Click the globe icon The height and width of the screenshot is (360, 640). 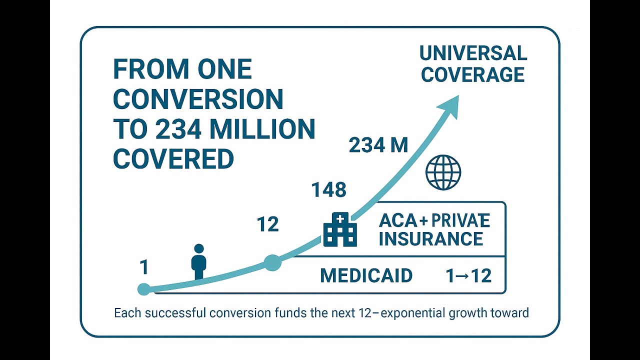[443, 172]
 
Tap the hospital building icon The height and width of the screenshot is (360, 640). [340, 229]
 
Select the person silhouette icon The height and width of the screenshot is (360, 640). [199, 261]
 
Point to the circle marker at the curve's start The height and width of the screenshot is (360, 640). [143, 289]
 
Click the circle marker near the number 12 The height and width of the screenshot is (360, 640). [272, 262]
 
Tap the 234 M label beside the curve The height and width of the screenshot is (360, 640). [378, 145]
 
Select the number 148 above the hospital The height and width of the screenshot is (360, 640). [329, 190]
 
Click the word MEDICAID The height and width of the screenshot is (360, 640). [366, 275]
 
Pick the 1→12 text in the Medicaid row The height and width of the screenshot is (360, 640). [468, 276]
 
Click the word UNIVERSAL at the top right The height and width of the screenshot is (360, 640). [473, 53]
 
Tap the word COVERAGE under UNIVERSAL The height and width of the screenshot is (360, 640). [473, 74]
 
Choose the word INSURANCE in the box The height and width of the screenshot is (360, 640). [431, 238]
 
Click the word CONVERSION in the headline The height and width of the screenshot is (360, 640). [198, 99]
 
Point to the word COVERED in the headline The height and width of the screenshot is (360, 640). [173, 158]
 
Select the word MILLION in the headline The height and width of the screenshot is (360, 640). [262, 129]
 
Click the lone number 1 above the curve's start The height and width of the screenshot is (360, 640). [144, 267]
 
